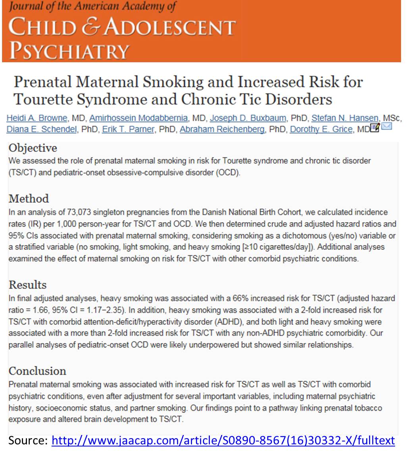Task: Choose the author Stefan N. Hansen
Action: coord(345,118)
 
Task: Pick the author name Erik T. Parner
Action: coord(128,129)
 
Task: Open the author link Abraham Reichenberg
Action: coord(222,129)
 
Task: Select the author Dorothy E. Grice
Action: coord(321,129)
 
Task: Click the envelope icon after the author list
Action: coord(386,127)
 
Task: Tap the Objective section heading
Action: coord(33,148)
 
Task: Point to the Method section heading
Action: coord(29,198)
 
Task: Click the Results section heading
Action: coord(27,285)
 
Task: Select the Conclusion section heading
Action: coord(37,371)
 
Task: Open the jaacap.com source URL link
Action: coord(223,440)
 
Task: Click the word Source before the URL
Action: coord(27,440)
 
